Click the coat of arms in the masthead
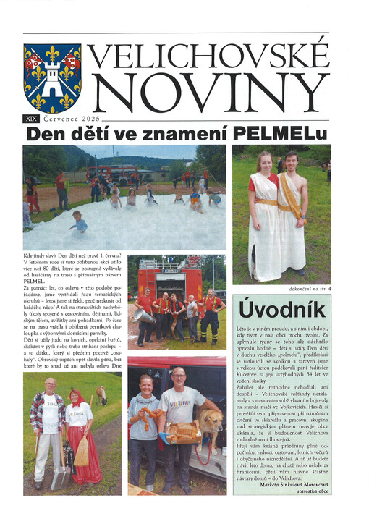pyautogui.click(x=51, y=77)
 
